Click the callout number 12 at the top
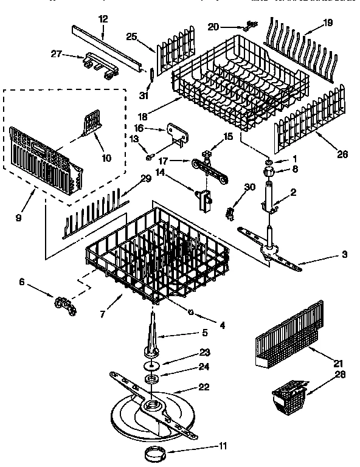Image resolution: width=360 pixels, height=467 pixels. pos(103,19)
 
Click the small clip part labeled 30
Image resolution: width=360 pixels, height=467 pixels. pos(230,212)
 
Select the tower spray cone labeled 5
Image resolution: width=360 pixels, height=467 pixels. pos(152,337)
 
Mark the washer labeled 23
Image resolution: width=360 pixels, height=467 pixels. pos(150,366)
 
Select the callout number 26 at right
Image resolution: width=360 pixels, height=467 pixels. pos(342,155)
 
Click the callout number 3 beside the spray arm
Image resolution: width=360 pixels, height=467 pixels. pos(344,254)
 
